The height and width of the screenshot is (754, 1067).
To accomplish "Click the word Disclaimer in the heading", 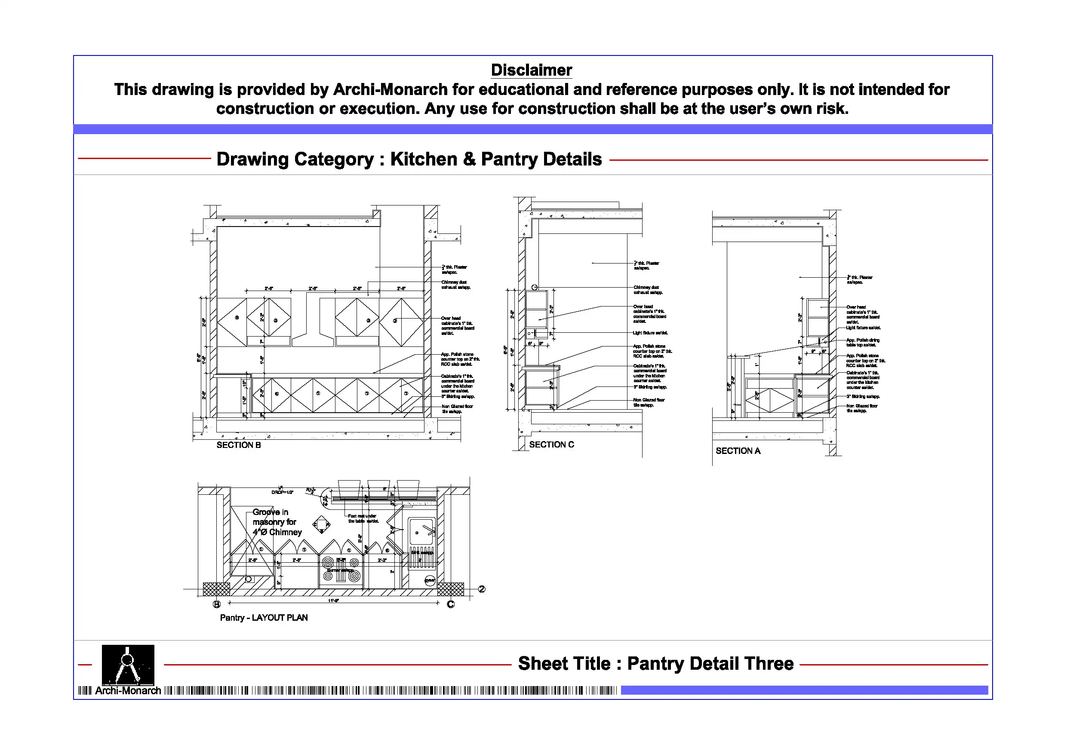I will [531, 70].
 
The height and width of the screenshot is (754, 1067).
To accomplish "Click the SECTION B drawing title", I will [238, 445].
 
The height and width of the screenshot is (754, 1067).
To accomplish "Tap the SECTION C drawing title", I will [551, 444].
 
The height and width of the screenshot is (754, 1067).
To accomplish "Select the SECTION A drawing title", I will [738, 451].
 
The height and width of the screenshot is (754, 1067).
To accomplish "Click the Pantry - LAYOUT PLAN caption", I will [264, 617].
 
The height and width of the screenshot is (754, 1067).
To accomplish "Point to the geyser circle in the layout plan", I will [430, 580].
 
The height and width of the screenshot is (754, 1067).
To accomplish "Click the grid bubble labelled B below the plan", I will [217, 604].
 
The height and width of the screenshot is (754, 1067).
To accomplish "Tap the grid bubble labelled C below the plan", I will [450, 604].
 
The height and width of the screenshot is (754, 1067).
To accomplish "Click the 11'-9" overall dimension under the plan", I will [333, 601].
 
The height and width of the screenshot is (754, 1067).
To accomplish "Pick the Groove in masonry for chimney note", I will [277, 522].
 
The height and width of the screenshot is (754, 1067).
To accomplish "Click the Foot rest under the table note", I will [363, 518].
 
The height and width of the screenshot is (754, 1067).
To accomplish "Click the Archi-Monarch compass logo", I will [128, 665].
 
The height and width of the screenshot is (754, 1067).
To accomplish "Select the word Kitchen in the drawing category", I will [423, 159].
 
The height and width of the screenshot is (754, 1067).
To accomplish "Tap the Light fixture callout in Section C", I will [650, 333].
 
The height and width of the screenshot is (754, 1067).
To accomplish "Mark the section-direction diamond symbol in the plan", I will [321, 525].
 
